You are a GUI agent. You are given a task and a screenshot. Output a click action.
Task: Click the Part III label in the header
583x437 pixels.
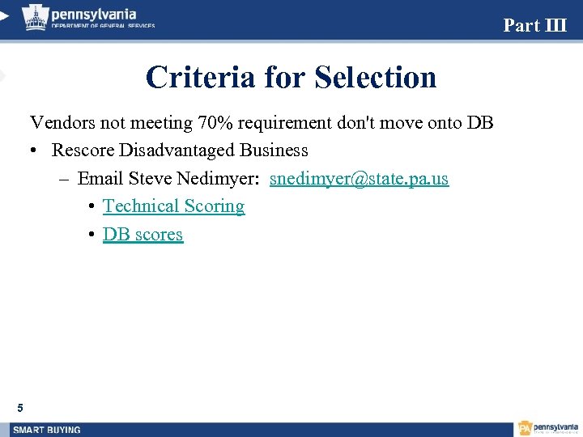pos(534,25)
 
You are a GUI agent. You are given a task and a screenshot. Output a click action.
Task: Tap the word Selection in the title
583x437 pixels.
pos(376,78)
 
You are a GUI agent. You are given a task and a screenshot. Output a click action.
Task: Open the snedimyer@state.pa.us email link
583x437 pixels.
pos(359,178)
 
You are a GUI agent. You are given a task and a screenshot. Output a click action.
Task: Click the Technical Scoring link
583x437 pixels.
pos(173,206)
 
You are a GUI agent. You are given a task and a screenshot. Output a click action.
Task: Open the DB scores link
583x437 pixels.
pos(143,235)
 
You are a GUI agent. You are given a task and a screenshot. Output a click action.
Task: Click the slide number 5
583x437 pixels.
pos(20,407)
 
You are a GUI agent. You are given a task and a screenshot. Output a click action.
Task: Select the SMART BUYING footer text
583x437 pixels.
pos(47,429)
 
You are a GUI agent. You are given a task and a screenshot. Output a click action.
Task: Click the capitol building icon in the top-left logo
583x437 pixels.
pos(35,17)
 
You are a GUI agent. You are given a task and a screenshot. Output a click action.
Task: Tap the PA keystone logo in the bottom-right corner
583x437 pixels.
pos(526,428)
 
